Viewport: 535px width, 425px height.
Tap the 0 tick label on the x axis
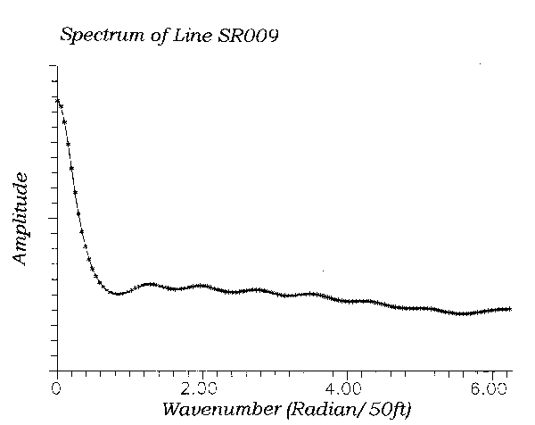56,388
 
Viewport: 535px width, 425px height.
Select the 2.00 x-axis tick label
202,389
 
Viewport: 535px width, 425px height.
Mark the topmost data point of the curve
57,99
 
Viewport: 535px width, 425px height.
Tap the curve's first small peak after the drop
150,285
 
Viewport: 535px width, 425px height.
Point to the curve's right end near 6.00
509,309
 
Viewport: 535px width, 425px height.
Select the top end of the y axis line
57,65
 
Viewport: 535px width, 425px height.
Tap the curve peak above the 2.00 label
203,286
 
